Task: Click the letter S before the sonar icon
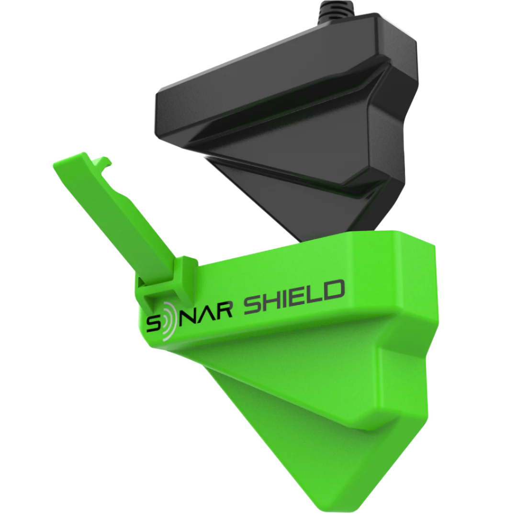tap(152, 326)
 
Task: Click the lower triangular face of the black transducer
tap(306, 201)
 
